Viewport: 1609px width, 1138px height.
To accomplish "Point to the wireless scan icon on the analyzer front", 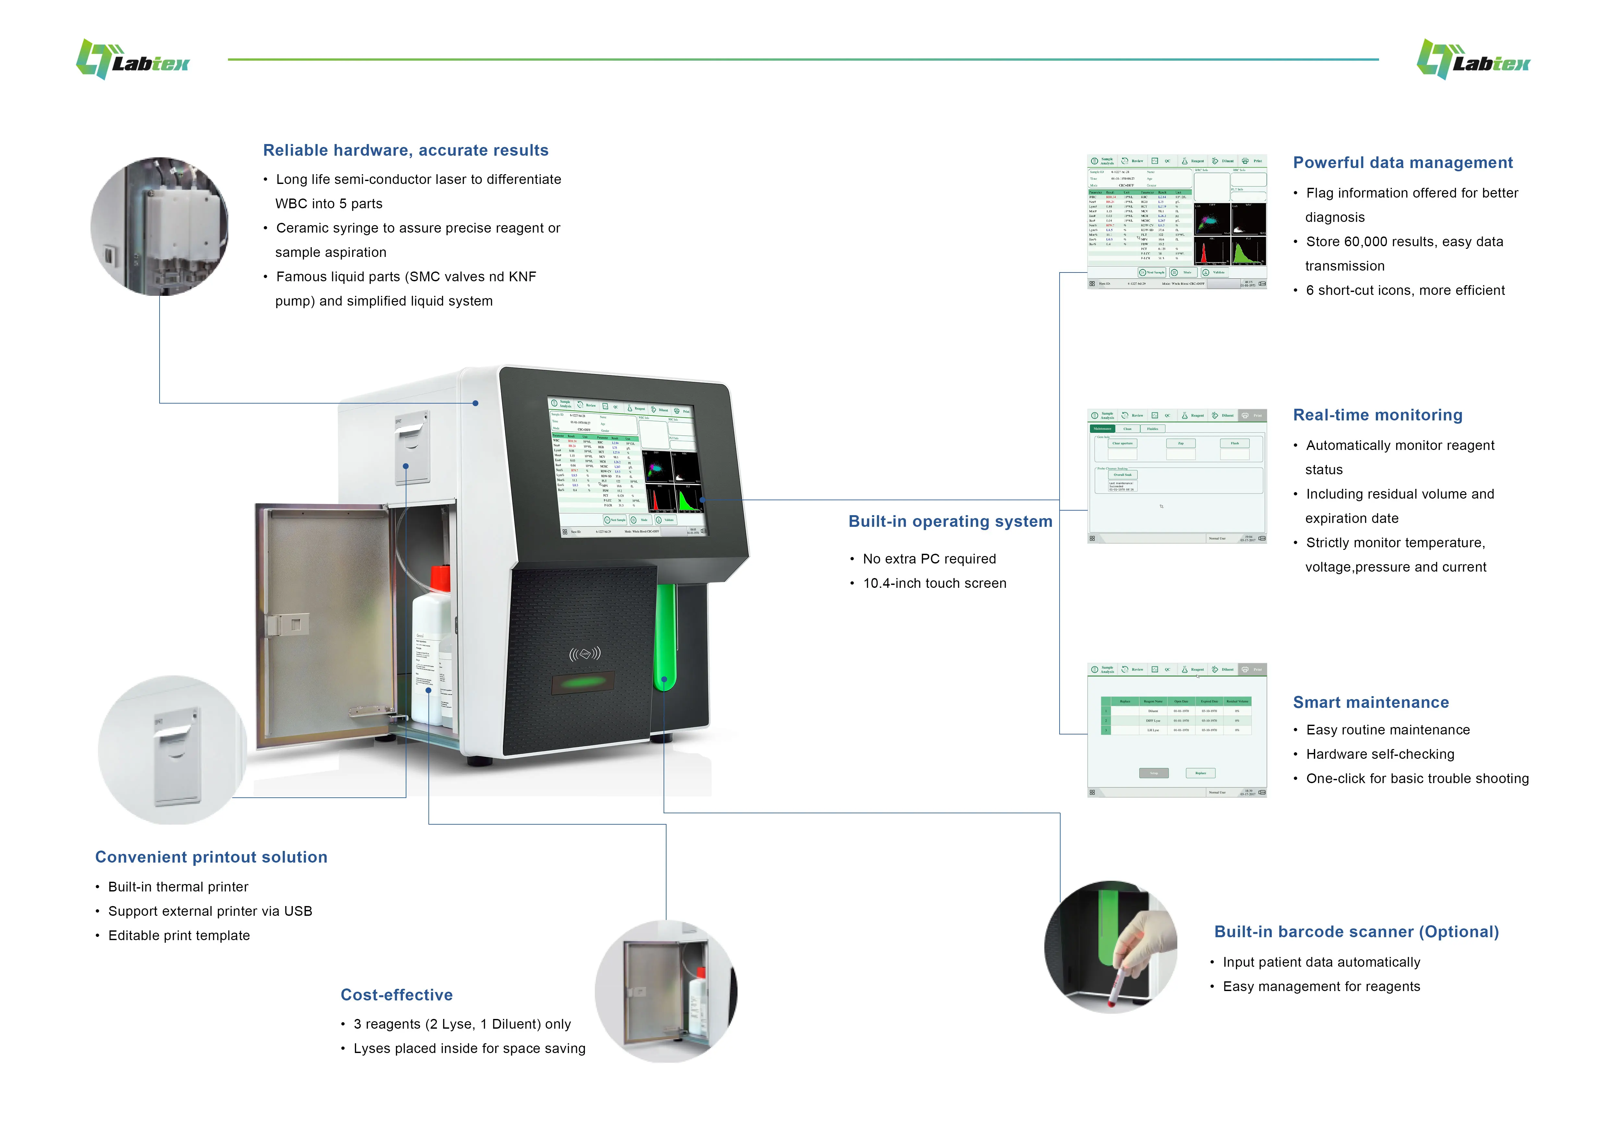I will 584,654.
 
